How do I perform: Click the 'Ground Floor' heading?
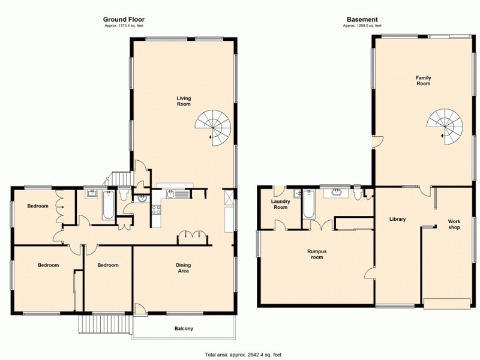124,19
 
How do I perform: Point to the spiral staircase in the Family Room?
445,126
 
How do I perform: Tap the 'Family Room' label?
424,80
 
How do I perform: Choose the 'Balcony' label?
184,328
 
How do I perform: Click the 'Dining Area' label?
183,268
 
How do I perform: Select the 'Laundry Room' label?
280,204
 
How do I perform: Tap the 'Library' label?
397,219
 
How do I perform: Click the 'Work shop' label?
454,224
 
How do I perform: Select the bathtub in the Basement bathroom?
309,205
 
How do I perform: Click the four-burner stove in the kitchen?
157,210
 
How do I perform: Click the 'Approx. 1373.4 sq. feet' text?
124,25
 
